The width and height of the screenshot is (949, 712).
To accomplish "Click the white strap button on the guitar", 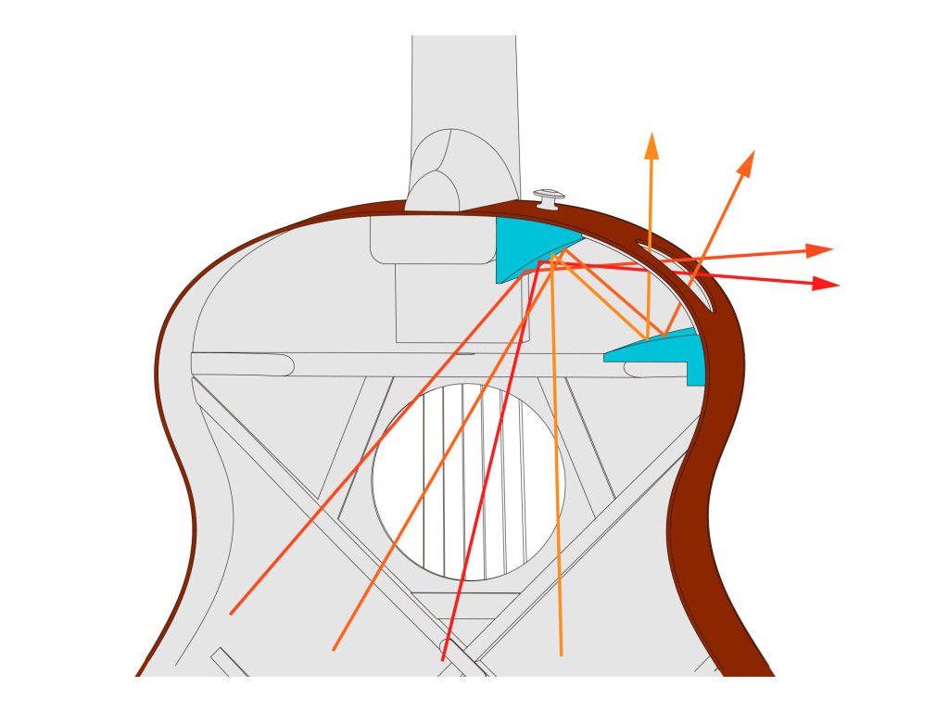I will point(549,197).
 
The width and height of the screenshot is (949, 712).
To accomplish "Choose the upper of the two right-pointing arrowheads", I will point(820,250).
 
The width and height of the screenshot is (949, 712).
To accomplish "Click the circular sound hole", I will point(468,482).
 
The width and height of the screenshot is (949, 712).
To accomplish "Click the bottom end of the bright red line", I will point(443,660).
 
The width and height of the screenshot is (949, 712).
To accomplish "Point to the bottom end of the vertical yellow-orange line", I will point(561,655).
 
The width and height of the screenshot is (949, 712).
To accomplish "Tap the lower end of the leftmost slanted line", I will point(231,613).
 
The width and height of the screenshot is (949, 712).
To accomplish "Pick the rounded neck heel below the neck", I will point(433,185).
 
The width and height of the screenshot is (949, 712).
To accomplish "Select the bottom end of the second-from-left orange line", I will point(333,649).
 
